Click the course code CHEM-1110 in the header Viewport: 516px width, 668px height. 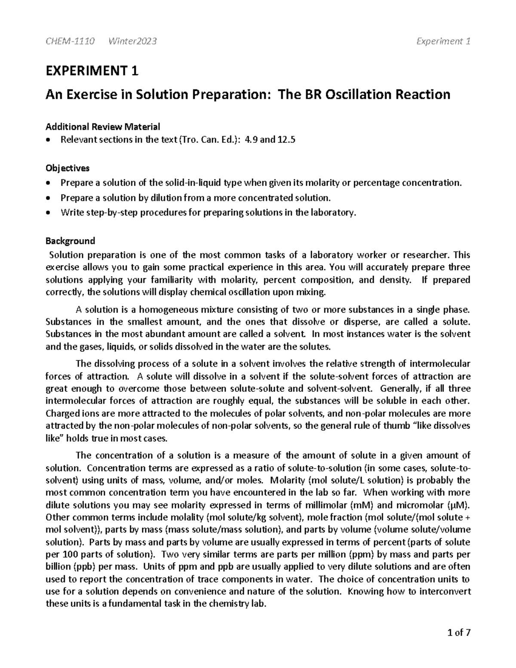pyautogui.click(x=70, y=41)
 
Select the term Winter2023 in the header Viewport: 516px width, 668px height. pyautogui.click(x=132, y=41)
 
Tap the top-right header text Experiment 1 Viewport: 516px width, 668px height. pyautogui.click(x=443, y=41)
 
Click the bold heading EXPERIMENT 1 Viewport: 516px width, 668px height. pyautogui.click(x=92, y=71)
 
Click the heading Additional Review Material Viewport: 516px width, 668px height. pyautogui.click(x=103, y=127)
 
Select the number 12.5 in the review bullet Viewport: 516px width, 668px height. pyautogui.click(x=286, y=140)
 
